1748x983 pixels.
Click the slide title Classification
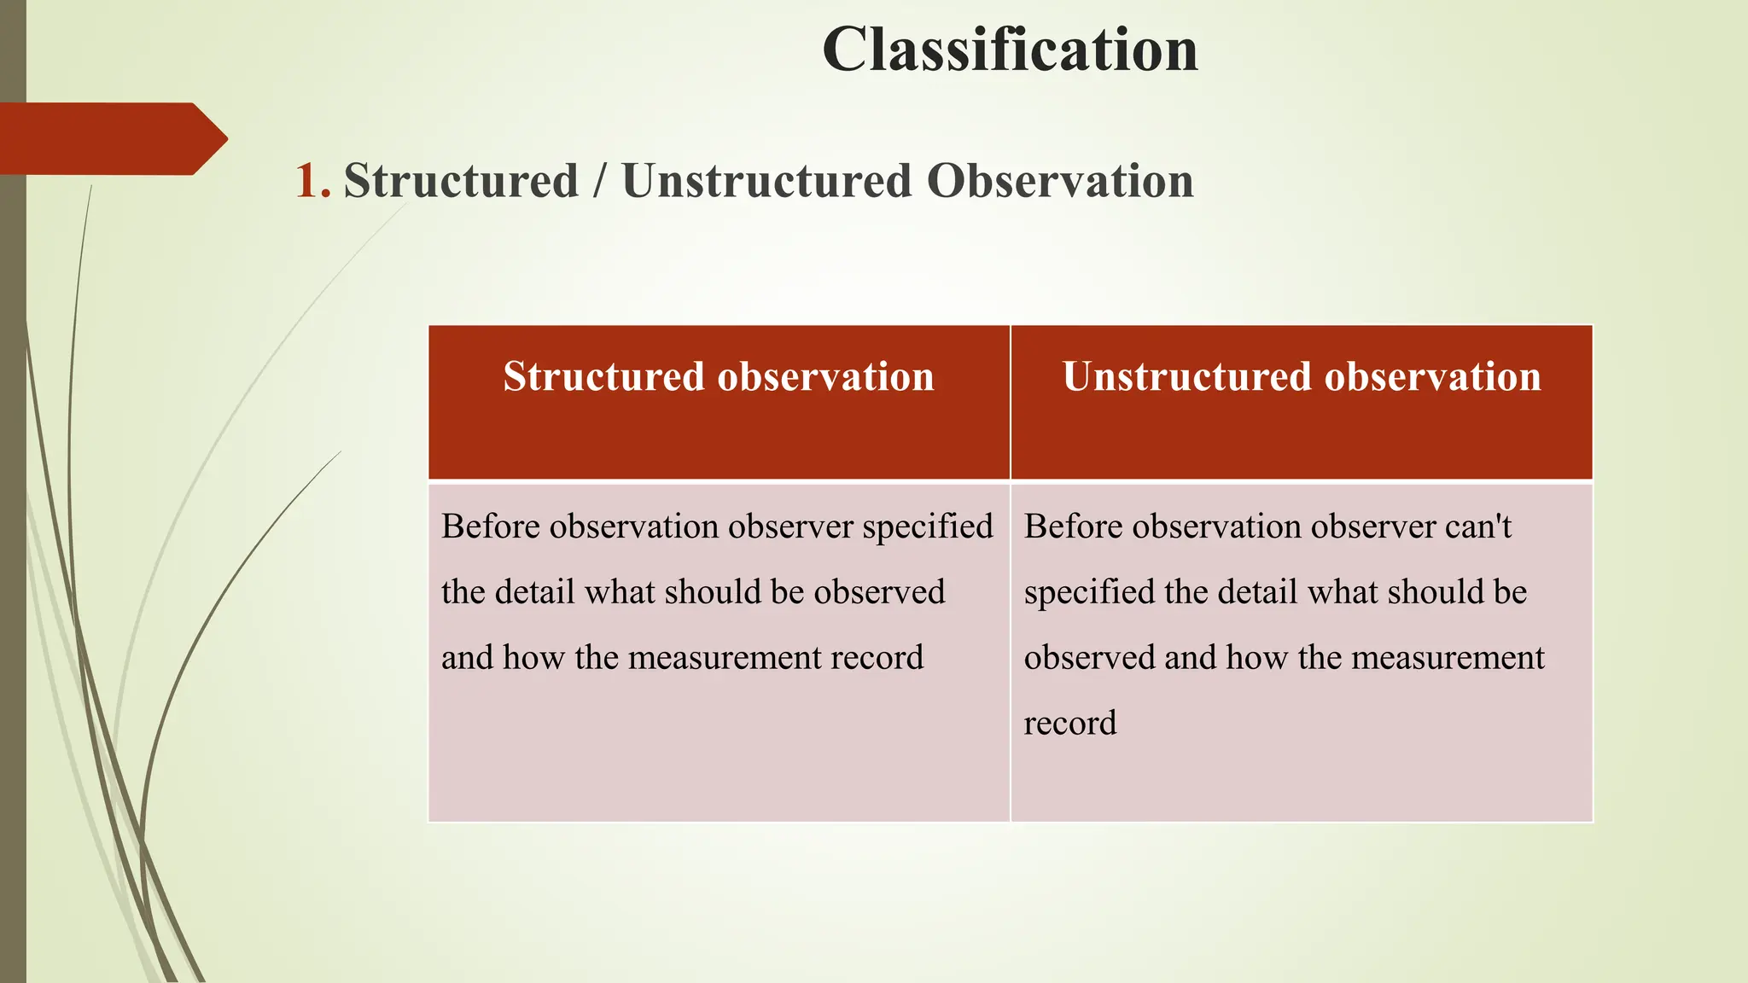[x=1010, y=49]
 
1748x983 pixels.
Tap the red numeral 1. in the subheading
[x=312, y=182]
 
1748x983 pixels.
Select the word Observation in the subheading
[x=1059, y=182]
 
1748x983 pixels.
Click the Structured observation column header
[x=718, y=377]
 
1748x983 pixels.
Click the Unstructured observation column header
[x=1301, y=377]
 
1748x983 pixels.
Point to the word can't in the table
[x=1477, y=526]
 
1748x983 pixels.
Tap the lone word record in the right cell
[x=1069, y=724]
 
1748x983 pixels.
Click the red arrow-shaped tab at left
[x=111, y=138]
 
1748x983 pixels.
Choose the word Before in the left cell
[x=490, y=526]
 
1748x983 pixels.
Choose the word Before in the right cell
[x=1073, y=526]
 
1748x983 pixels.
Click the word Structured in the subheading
[x=461, y=182]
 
